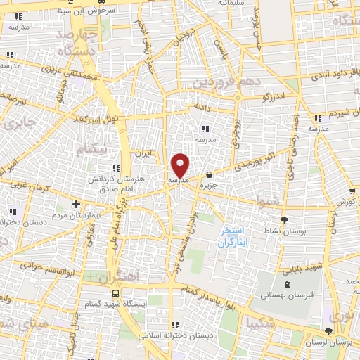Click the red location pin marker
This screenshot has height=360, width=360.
tap(181, 166)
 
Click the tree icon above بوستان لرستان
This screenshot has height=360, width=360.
tap(329, 331)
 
